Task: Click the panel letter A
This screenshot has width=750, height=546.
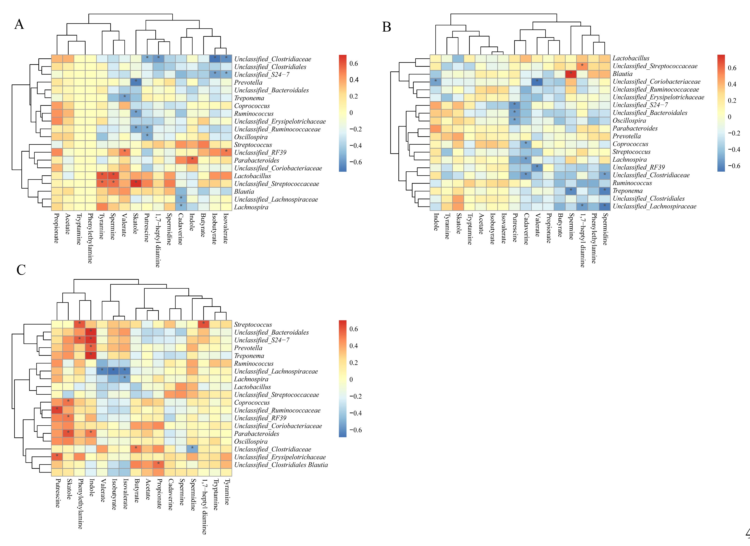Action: [19, 24]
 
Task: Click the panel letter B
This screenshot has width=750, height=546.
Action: [387, 27]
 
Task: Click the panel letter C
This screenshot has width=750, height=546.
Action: [21, 270]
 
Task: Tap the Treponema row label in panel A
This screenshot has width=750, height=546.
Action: [249, 98]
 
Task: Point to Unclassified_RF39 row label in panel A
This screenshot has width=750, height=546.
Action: [260, 153]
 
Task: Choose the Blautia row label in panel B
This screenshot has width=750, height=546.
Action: [622, 74]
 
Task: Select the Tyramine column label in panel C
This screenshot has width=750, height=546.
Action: [227, 492]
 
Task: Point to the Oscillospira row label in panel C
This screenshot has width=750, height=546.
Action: [251, 442]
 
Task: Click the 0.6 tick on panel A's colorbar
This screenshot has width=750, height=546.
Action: [353, 63]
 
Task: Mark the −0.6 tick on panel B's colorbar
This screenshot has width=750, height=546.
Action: [731, 166]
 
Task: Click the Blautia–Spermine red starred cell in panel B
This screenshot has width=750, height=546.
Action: [571, 74]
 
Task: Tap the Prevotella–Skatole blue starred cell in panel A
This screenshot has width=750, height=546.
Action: [136, 82]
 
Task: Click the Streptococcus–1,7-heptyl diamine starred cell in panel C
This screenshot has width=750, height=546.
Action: [204, 324]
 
